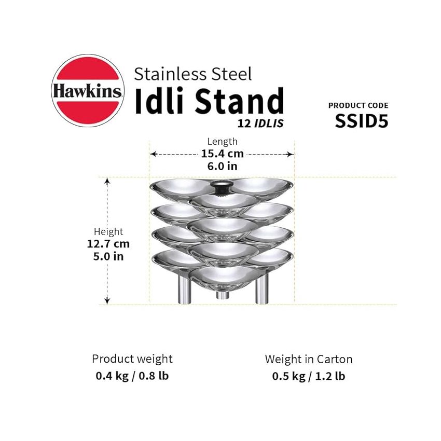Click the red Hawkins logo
pos(87,91)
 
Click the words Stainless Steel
pos(192,73)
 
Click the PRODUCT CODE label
pos(358,105)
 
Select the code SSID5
pos(361,121)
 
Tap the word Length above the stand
pos(222,141)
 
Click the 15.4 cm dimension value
pos(222,154)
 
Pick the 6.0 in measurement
pos(222,167)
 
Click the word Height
pos(108,232)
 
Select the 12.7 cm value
pos(108,244)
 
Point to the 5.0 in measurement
pos(108,256)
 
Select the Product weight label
pos(132,359)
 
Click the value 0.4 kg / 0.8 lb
pos(132,376)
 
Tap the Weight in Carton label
pos(309,359)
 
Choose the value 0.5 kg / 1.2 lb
pos(309,376)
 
